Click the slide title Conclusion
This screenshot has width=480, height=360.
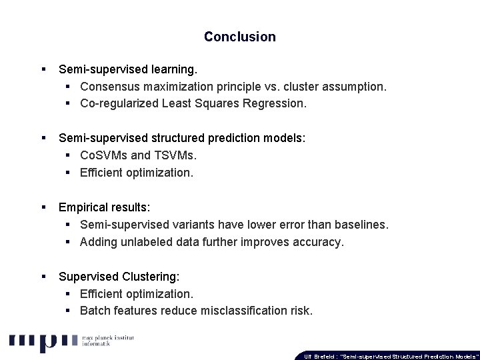pos(239,37)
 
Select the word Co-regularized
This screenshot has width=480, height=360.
pos(119,103)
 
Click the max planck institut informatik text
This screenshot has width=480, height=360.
pos(107,342)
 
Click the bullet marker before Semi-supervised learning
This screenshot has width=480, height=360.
pos(43,69)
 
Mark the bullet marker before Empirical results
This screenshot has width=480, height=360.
pos(43,207)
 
